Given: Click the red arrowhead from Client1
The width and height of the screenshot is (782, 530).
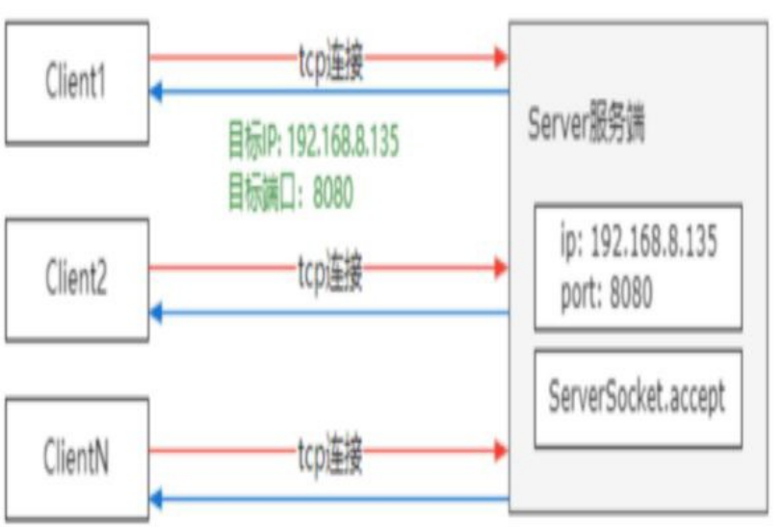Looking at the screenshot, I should pyautogui.click(x=500, y=57).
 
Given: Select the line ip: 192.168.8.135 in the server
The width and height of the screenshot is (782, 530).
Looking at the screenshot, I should pyautogui.click(x=637, y=241).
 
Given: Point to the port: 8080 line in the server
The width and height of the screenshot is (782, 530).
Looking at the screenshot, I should pyautogui.click(x=606, y=293).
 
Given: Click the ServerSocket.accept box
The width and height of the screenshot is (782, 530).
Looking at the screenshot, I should pyautogui.click(x=637, y=396).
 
